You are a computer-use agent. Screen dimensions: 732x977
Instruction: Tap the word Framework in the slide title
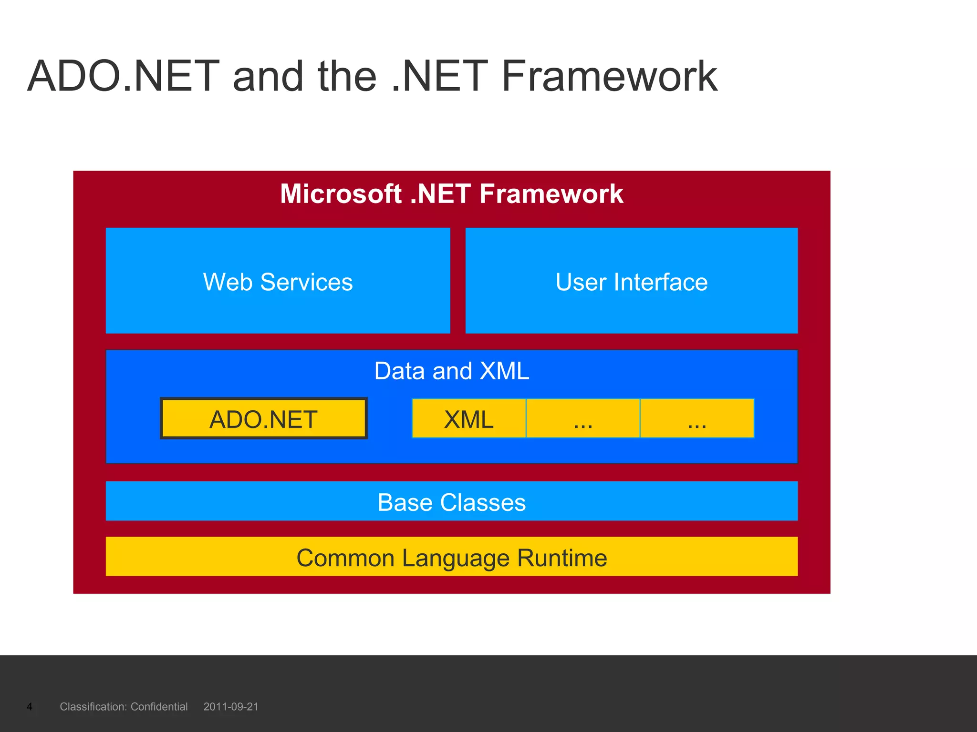pyautogui.click(x=609, y=76)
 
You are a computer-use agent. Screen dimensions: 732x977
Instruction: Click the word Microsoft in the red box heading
pyautogui.click(x=341, y=194)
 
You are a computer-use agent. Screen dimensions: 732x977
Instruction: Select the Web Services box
pyautogui.click(x=278, y=281)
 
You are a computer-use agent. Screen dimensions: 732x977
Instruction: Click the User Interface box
pyautogui.click(x=631, y=281)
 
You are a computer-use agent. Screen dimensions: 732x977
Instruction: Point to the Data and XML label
pyautogui.click(x=451, y=371)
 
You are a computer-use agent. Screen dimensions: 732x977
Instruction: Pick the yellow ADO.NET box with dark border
pyautogui.click(x=263, y=418)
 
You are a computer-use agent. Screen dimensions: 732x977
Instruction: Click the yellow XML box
pyautogui.click(x=468, y=418)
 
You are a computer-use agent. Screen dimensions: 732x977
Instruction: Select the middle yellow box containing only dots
pyautogui.click(x=582, y=418)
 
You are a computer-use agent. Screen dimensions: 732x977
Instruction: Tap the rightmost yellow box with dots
pyautogui.click(x=696, y=418)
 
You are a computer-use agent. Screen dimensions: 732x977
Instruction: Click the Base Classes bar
pyautogui.click(x=451, y=501)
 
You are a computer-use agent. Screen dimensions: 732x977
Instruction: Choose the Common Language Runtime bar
pyautogui.click(x=451, y=557)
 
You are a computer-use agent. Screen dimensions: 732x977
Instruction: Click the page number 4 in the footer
pyautogui.click(x=30, y=707)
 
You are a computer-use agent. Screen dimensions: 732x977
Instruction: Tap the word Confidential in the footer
pyautogui.click(x=159, y=707)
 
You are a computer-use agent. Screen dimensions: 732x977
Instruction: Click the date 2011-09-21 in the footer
pyautogui.click(x=231, y=707)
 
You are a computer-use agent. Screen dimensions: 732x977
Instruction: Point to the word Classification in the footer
pyautogui.click(x=93, y=707)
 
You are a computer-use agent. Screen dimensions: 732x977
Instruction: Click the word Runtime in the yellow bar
pyautogui.click(x=562, y=558)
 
